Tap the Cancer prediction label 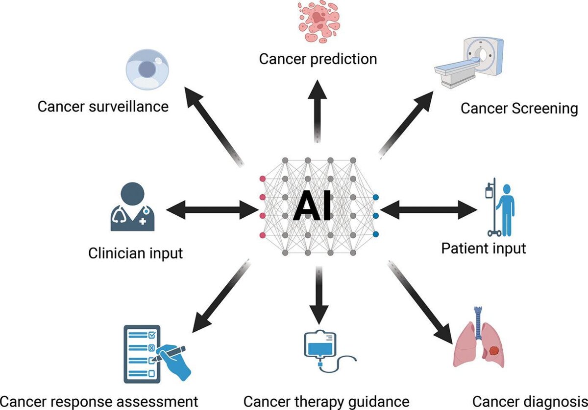click(x=318, y=59)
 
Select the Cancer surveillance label click(x=103, y=107)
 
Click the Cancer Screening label click(x=519, y=109)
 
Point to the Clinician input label click(x=135, y=253)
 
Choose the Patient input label click(x=484, y=248)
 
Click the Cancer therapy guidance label click(x=326, y=402)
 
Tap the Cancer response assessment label click(x=99, y=402)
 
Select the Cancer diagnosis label click(x=530, y=402)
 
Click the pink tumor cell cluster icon click(x=319, y=22)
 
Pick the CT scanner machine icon click(x=469, y=63)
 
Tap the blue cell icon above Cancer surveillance click(x=147, y=70)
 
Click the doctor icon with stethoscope click(x=133, y=206)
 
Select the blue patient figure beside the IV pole click(x=505, y=210)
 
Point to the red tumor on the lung click(x=495, y=351)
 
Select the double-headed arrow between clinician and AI click(x=212, y=210)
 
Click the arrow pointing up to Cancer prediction click(x=318, y=112)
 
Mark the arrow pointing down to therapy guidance click(x=319, y=296)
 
